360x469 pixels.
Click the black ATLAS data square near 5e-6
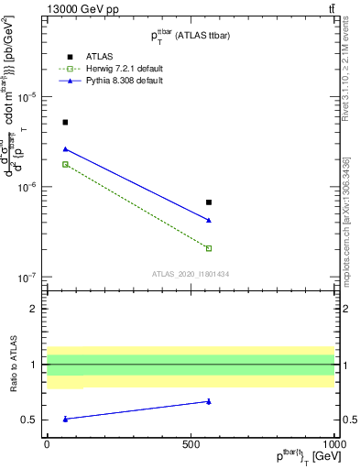[65, 122]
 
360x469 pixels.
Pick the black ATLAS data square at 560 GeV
[209, 202]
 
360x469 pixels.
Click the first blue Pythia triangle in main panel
[65, 148]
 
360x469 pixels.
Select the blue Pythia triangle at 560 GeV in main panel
[209, 220]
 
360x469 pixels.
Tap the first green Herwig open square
[65, 164]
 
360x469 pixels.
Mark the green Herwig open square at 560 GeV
[209, 248]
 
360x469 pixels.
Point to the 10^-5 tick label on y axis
[29, 98]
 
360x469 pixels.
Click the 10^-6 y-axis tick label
[29, 188]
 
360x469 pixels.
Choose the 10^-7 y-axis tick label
[29, 278]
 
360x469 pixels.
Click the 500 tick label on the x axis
[191, 443]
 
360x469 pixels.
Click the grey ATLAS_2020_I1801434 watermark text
[190, 274]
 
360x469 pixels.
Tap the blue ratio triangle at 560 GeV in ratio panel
[209, 400]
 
